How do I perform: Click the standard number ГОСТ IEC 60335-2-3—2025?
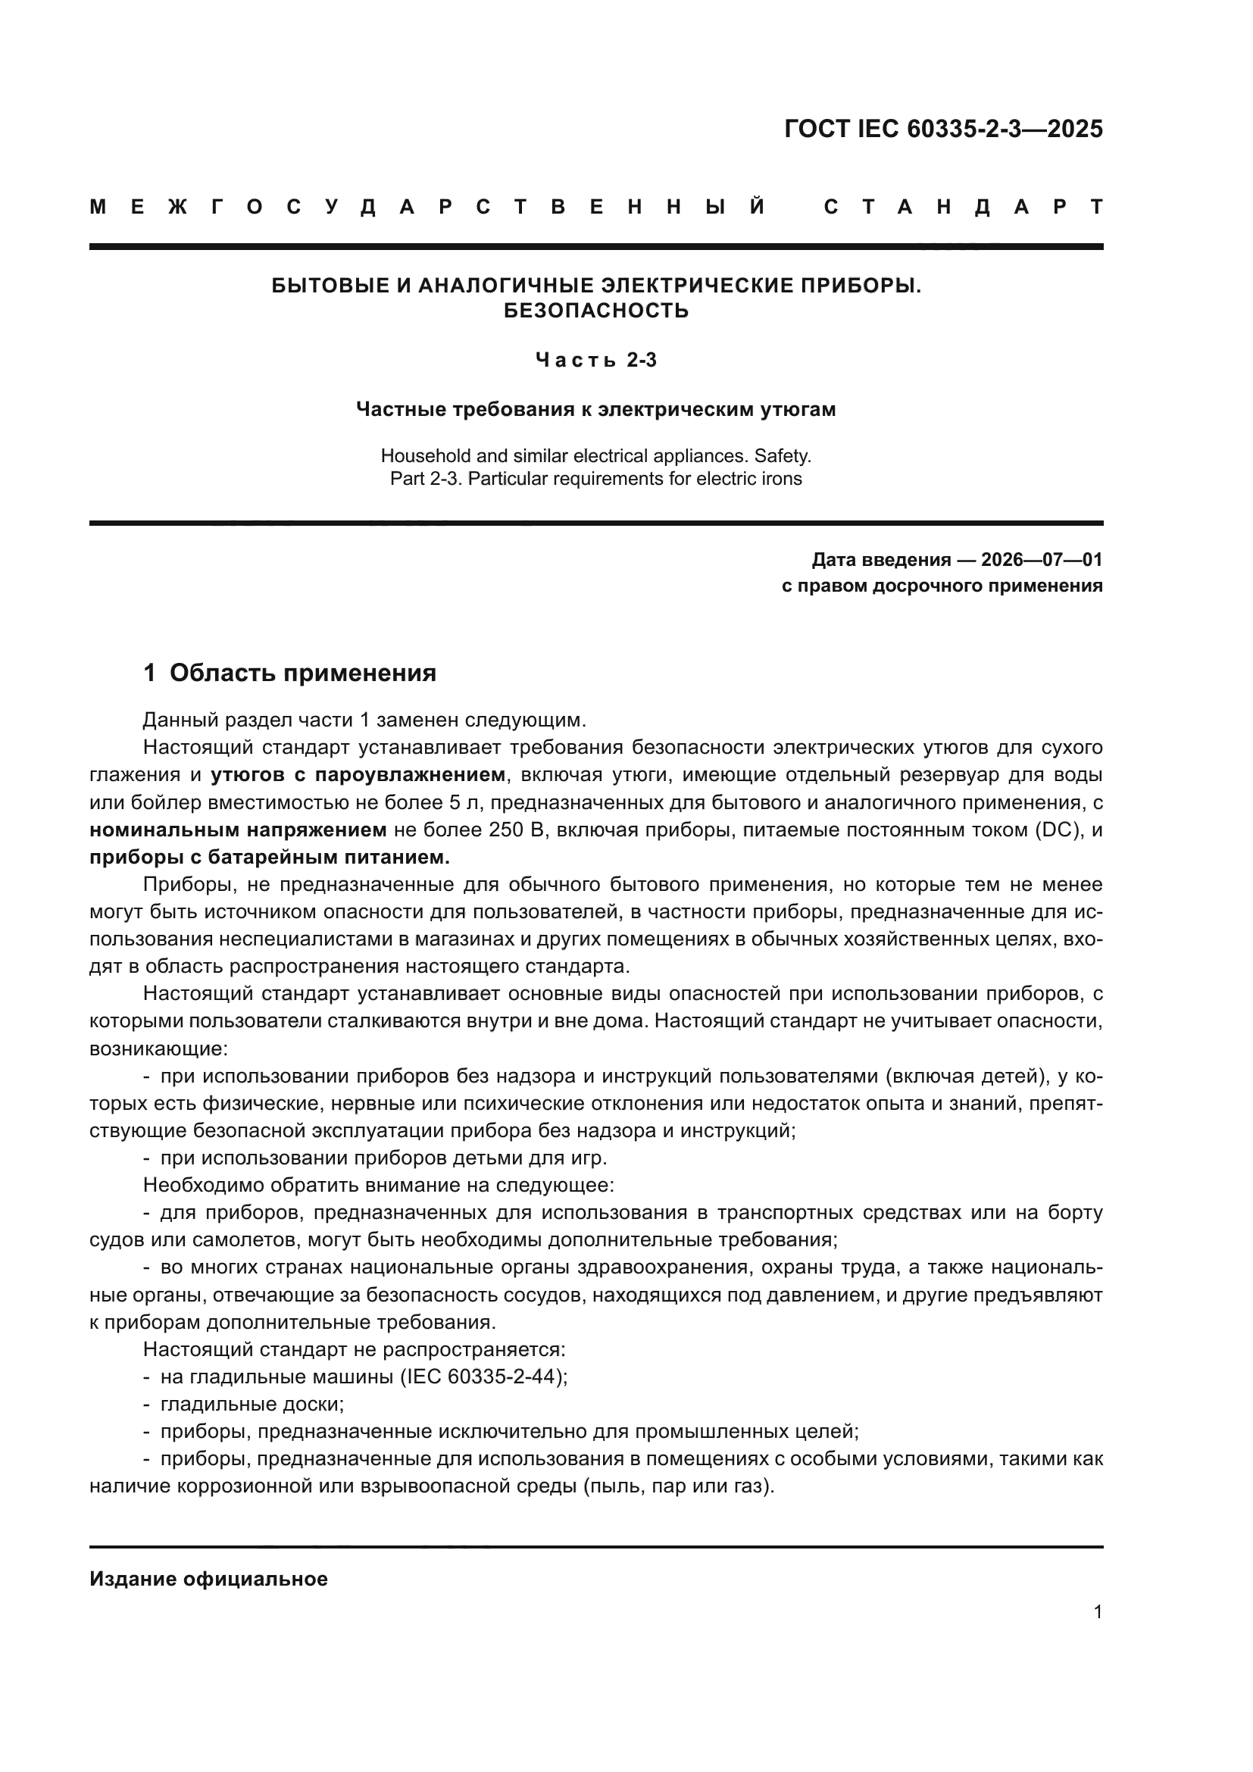click(943, 129)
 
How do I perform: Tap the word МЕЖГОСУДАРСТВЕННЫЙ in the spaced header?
click(428, 207)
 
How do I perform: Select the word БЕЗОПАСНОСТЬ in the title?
click(595, 311)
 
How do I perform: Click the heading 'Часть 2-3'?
click(595, 360)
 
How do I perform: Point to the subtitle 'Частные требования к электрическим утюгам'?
click(595, 409)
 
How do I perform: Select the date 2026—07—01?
click(1042, 560)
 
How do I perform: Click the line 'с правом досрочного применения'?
click(942, 586)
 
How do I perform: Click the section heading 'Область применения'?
click(302, 673)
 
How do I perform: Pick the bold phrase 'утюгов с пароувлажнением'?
click(358, 774)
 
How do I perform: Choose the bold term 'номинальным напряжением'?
click(238, 830)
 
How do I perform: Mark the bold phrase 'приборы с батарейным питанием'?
click(268, 858)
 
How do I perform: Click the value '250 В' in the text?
click(516, 830)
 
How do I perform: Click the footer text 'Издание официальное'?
click(208, 1579)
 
